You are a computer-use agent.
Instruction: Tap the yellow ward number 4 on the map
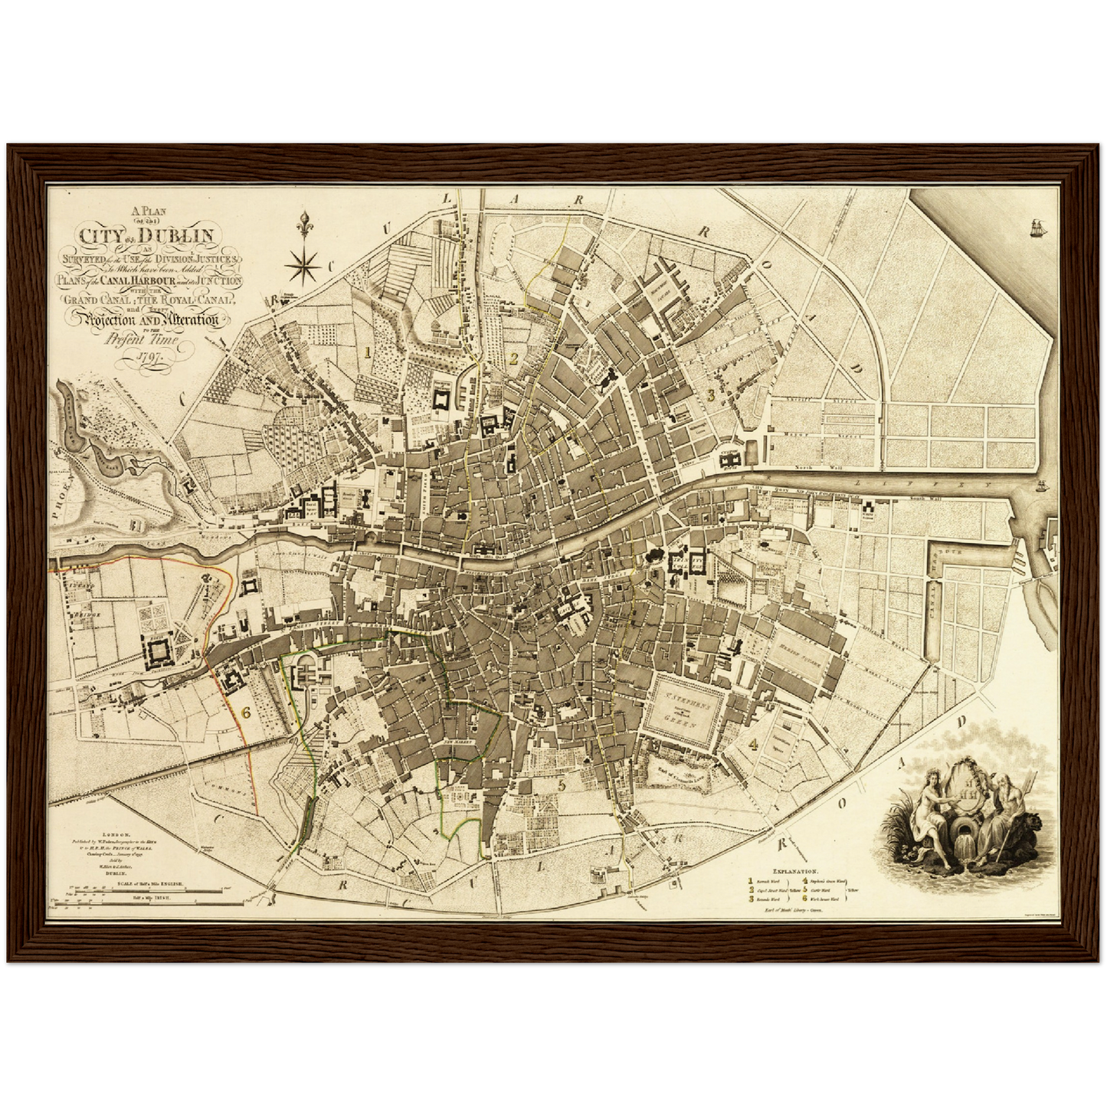(754, 743)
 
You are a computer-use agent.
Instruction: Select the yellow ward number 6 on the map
(246, 712)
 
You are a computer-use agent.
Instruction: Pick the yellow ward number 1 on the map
(368, 352)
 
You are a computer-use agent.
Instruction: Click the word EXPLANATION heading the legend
(796, 871)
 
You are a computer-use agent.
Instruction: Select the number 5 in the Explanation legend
(804, 890)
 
